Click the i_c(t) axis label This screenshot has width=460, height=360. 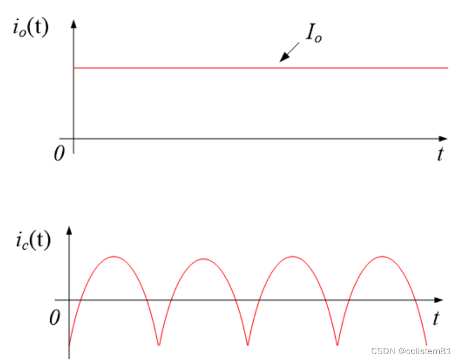coord(33,240)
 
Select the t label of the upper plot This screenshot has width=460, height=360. coord(441,154)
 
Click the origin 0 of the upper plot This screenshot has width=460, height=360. coord(59,154)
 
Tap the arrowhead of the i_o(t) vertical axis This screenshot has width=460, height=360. coord(74,24)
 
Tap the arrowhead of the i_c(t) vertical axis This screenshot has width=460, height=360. coord(69,230)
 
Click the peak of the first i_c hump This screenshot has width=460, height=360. coord(114,256)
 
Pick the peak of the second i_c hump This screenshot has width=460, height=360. coord(203,258)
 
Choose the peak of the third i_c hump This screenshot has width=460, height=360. coord(293,256)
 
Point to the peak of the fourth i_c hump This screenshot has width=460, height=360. coord(382,256)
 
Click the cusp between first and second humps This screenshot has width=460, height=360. coord(159,345)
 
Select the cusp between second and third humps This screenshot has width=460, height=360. coord(248,345)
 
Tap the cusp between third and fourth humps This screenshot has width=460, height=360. coord(337,345)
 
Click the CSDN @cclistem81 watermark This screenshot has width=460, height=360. coord(411,351)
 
